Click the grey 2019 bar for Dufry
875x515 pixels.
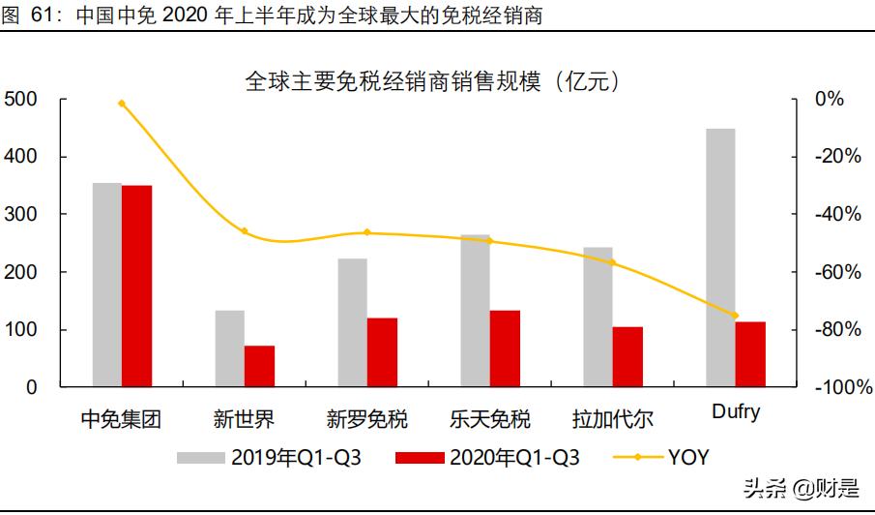(719, 257)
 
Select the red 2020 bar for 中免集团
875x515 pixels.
(136, 286)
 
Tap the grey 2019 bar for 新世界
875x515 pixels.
(229, 348)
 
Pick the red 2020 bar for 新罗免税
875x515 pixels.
(382, 352)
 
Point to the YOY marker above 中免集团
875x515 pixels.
(122, 103)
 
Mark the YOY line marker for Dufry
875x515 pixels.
(735, 316)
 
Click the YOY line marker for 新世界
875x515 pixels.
(245, 231)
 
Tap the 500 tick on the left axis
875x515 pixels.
(20, 99)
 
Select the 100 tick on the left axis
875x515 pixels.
(20, 330)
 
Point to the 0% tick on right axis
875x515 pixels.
(829, 99)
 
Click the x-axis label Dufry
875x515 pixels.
(735, 411)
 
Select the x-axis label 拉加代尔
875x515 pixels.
(613, 419)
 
